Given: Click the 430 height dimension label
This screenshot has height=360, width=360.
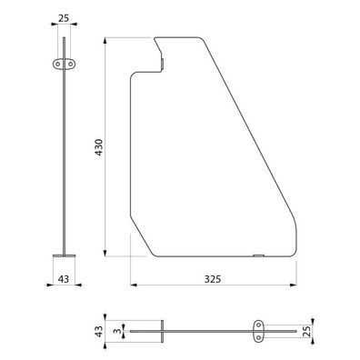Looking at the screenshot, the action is coord(99,147).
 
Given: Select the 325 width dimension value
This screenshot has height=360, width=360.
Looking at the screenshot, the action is coord(213,279).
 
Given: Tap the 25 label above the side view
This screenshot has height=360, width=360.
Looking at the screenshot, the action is coord(64,18).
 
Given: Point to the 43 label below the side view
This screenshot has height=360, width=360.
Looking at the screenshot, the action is coord(64,279).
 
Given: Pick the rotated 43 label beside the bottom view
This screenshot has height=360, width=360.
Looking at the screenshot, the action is coord(99,331).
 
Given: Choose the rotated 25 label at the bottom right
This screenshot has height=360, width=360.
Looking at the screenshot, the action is coord(306,332).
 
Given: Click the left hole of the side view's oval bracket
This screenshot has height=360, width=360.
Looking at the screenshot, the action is coord(57,64).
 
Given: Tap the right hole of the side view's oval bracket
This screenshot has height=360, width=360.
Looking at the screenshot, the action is coord(70,64).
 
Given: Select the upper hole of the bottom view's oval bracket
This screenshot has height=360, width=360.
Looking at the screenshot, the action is coord(258,325).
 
